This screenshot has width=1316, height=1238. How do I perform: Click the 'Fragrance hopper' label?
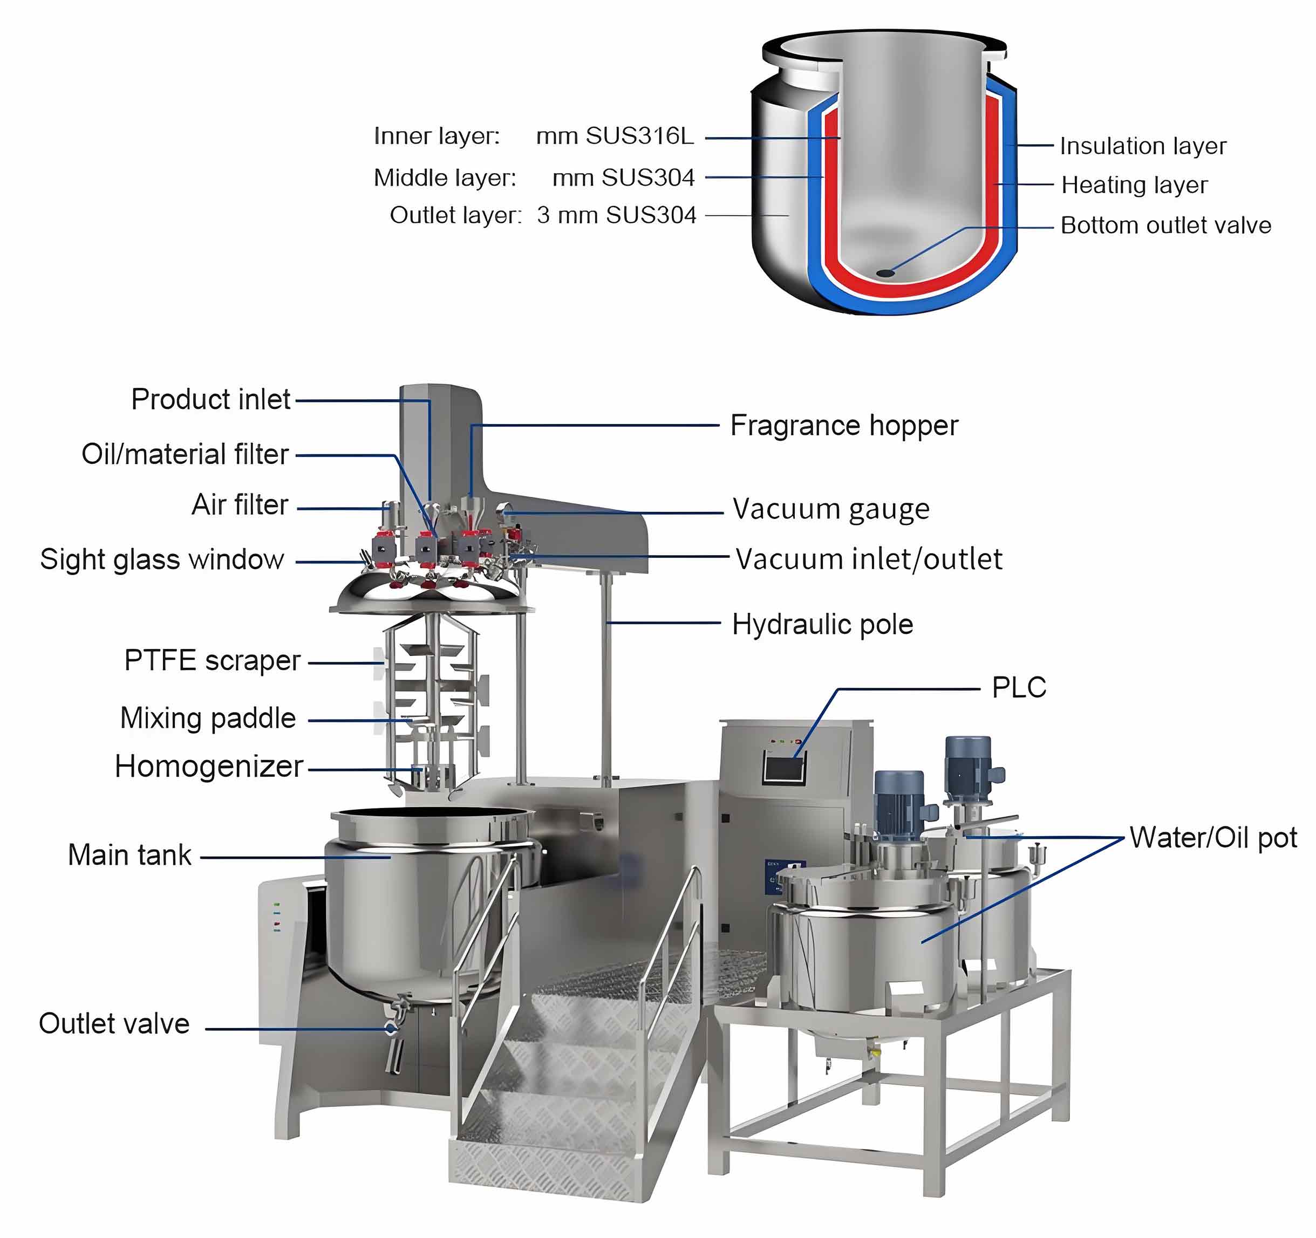click(x=843, y=426)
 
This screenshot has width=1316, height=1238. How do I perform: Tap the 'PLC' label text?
click(x=1019, y=687)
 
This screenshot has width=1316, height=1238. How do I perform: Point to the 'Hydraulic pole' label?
click(x=822, y=624)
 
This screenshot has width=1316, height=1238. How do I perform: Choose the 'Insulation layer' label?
click(x=1143, y=146)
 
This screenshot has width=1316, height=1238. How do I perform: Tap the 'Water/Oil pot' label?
click(x=1213, y=838)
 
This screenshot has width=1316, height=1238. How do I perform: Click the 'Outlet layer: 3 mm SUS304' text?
click(x=543, y=216)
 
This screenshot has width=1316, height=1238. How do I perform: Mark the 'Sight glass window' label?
click(x=162, y=559)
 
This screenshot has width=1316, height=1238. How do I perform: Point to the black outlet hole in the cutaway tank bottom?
click(x=884, y=272)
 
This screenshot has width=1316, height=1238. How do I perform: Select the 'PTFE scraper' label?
click(x=212, y=660)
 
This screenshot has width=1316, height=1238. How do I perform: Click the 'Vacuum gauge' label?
click(x=831, y=509)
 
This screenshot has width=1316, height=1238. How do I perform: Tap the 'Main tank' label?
click(x=129, y=855)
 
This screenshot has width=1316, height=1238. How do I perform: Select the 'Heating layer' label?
click(x=1134, y=185)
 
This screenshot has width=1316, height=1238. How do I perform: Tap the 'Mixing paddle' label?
click(x=208, y=718)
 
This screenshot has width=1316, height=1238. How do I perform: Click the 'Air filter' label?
click(x=240, y=505)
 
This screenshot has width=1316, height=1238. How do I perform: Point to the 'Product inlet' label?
click(x=210, y=399)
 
